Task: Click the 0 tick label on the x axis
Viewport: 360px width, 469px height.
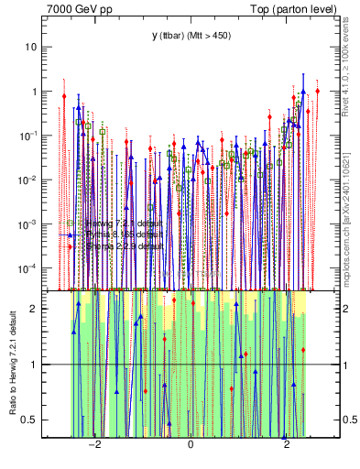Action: pyautogui.click(x=191, y=445)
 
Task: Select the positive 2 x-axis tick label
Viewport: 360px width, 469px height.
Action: pyautogui.click(x=287, y=445)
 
